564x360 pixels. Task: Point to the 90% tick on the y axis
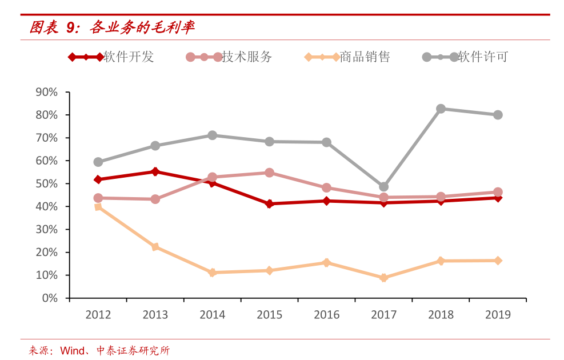[47, 92]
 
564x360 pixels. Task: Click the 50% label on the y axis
[47, 183]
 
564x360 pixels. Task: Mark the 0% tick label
[50, 298]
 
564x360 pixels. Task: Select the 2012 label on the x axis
[98, 314]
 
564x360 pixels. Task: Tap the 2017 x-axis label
[383, 314]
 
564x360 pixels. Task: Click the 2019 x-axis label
[498, 314]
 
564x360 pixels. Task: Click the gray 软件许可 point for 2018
[441, 109]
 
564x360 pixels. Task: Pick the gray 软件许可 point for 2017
[383, 187]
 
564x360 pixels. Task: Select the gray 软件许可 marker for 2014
[212, 135]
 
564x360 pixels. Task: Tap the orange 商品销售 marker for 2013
[155, 247]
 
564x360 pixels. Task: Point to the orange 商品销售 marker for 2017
[383, 278]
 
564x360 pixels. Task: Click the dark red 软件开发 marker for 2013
[155, 171]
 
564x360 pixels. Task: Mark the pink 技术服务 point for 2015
[269, 173]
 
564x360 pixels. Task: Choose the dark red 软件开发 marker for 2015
[269, 203]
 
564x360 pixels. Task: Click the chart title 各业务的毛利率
[143, 27]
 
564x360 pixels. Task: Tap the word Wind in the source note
[73, 350]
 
